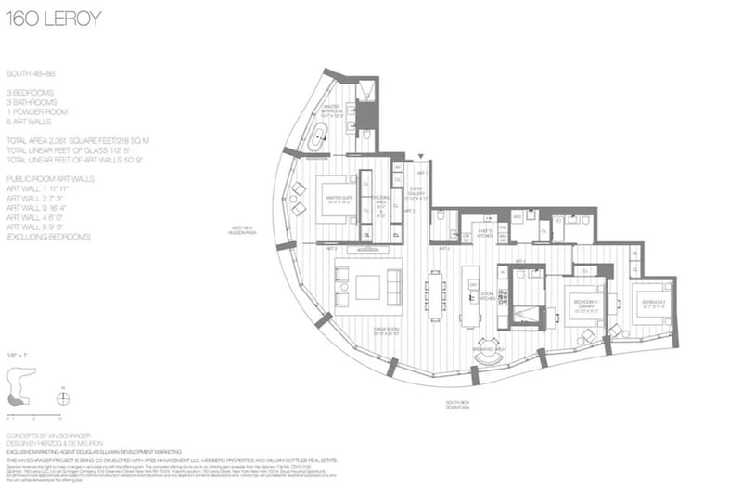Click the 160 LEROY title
click(x=52, y=19)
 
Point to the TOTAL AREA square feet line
click(x=78, y=139)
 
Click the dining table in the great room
click(x=434, y=295)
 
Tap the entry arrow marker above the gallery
click(x=421, y=157)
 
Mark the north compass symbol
click(x=63, y=398)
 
